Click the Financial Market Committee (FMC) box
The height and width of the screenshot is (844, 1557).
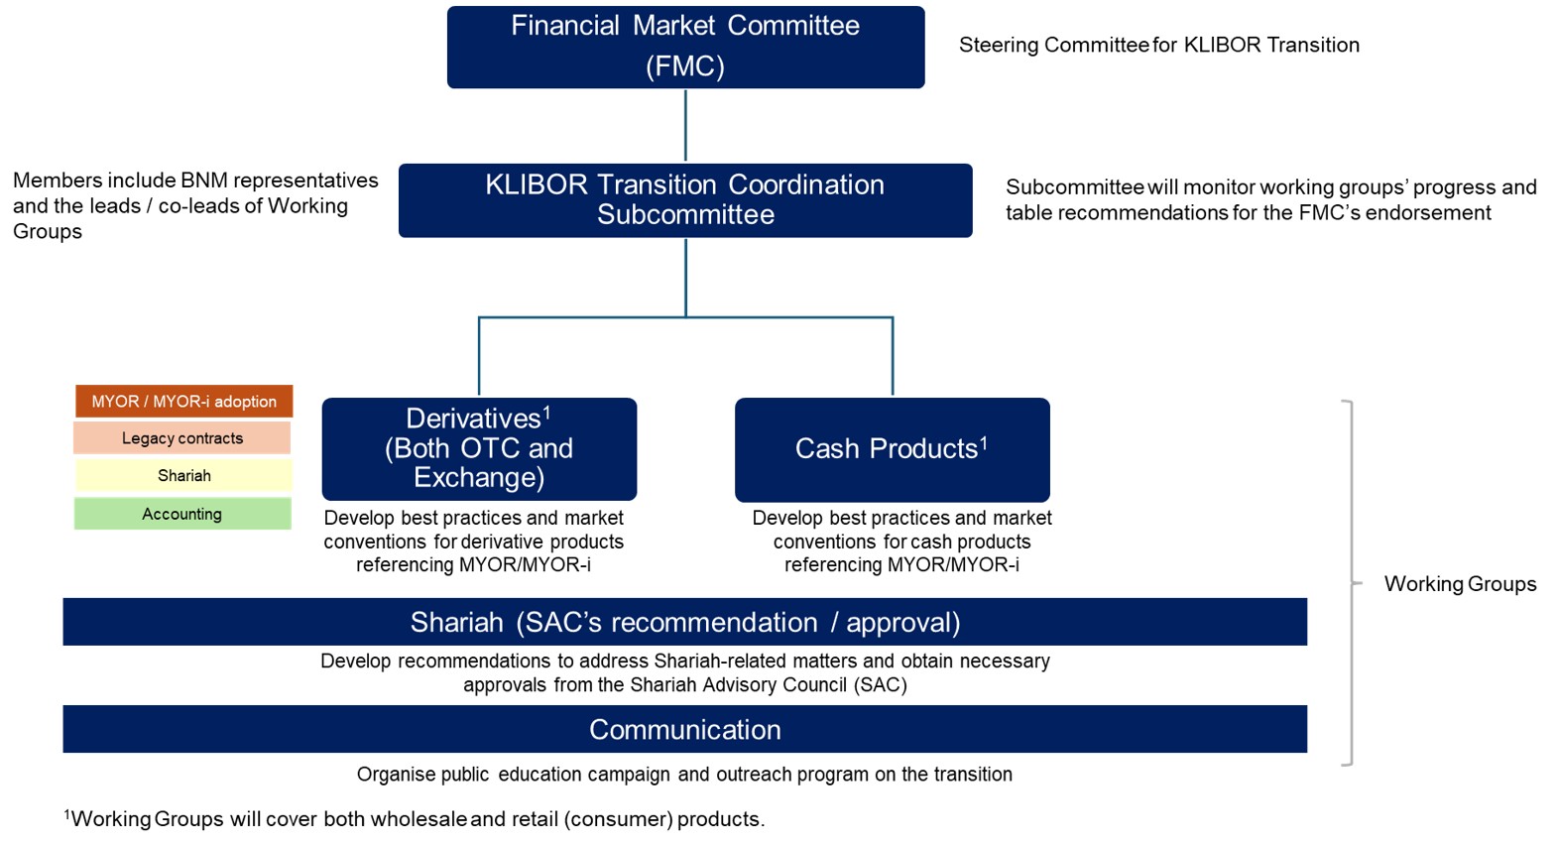point(685,47)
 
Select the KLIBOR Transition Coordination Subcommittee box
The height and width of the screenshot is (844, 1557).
point(685,199)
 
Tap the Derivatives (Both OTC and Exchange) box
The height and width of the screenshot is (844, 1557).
point(479,448)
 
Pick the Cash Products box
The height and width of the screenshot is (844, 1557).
point(892,449)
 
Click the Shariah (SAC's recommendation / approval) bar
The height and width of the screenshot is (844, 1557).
point(684,622)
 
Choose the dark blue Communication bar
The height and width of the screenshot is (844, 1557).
point(684,729)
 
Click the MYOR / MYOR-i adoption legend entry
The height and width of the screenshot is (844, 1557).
point(184,402)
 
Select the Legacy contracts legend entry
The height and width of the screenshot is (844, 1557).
point(182,438)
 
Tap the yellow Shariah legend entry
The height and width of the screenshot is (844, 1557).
point(184,476)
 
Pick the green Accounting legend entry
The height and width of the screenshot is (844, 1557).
point(182,514)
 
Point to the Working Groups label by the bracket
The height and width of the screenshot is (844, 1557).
point(1460,584)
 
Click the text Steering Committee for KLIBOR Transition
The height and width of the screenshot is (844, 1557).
point(1158,46)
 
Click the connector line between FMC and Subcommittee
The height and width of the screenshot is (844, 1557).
point(685,126)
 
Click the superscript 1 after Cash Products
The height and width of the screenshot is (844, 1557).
point(984,443)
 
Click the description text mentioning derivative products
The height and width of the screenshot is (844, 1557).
point(474,542)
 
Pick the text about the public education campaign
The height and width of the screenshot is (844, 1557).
point(684,775)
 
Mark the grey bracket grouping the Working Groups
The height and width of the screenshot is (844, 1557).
point(1351,583)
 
